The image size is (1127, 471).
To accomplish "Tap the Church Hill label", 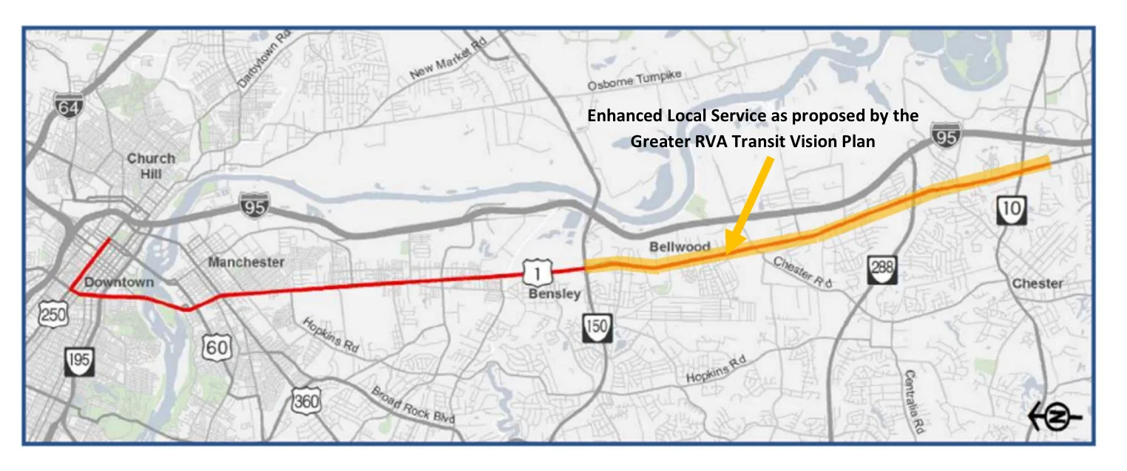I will tap(151, 166).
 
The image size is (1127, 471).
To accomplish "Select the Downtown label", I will tap(119, 282).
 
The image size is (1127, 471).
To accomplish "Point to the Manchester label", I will tap(246, 262).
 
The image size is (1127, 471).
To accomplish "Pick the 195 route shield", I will tap(79, 362).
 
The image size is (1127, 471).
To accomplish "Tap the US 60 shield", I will tap(216, 346).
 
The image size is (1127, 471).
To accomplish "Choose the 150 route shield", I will tap(597, 327).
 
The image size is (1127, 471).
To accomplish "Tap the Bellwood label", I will tap(680, 245).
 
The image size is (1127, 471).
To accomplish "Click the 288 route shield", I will tap(882, 268).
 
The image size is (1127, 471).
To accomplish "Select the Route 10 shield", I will tap(1011, 210).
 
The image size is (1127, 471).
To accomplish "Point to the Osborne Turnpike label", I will tap(634, 81).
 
